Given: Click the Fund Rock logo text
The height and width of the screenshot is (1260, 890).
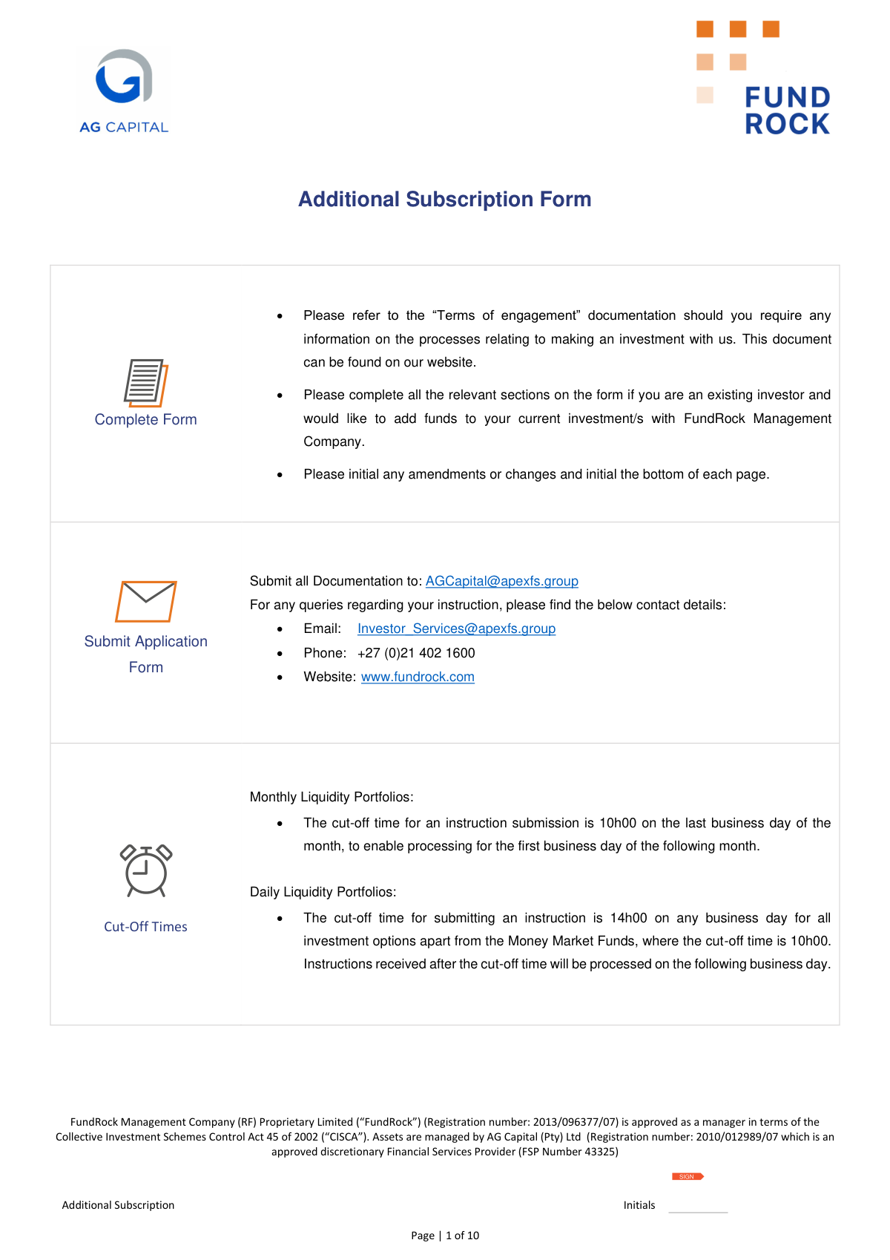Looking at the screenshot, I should (x=787, y=111).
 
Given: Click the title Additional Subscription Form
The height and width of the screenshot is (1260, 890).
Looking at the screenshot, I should (x=444, y=199).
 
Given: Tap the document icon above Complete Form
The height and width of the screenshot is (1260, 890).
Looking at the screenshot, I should (x=145, y=383).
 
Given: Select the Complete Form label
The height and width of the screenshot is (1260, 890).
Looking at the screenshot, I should (x=145, y=419).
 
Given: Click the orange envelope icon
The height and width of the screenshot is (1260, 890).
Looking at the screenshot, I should (x=145, y=601).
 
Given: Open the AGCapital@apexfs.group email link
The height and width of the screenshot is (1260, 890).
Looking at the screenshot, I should (x=501, y=581).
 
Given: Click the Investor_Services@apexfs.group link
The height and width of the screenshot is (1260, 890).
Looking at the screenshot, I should (x=456, y=629).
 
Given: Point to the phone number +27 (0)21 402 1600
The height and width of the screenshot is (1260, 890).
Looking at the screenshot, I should (x=416, y=653).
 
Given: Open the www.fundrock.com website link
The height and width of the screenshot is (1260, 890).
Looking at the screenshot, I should (x=418, y=677).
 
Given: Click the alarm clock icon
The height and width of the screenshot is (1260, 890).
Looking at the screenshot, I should (x=145, y=870).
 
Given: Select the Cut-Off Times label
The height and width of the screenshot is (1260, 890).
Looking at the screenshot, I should (x=145, y=927).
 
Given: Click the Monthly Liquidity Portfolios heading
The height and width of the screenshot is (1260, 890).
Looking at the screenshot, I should (x=332, y=797).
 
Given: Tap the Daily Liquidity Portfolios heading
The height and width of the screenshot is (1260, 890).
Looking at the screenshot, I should (x=323, y=892).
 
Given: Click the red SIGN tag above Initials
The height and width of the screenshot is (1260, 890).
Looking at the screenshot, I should (x=688, y=1176).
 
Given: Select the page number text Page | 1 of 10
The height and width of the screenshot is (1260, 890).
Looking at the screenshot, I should (x=445, y=1236).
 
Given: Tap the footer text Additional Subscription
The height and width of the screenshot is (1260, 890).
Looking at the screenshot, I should (x=118, y=1205).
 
